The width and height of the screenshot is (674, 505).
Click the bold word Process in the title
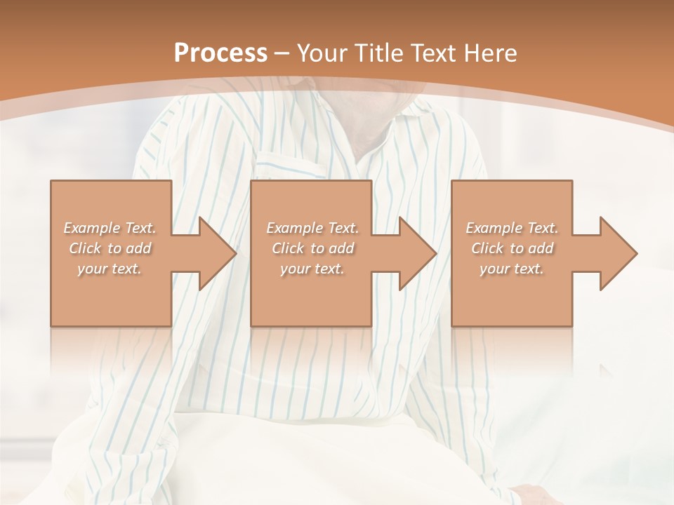click(220, 53)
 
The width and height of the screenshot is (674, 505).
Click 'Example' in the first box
click(91, 228)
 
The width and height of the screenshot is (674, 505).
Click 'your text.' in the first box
click(110, 269)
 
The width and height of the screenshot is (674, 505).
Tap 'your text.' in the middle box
click(312, 269)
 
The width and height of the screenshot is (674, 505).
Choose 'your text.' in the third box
click(512, 269)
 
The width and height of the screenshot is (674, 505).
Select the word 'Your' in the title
click(321, 53)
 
